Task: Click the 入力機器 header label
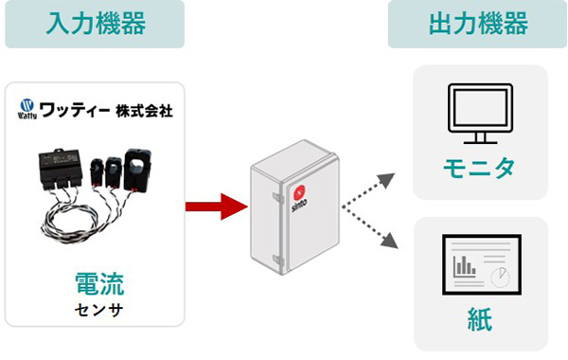pos(95,24)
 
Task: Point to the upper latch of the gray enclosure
pos(275,198)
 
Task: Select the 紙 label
pos(480,319)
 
